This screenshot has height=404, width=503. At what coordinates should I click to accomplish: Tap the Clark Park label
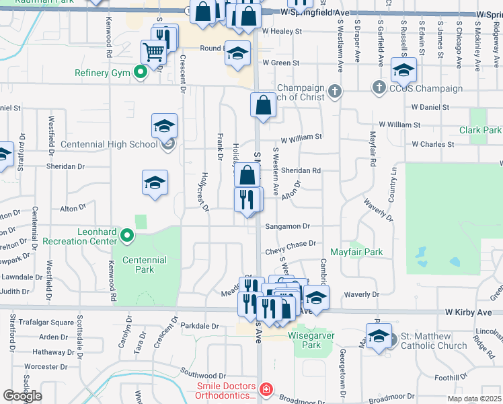[480, 130]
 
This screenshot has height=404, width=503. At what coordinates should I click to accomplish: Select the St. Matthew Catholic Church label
[434, 341]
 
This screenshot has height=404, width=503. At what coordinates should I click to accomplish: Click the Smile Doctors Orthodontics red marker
[266, 390]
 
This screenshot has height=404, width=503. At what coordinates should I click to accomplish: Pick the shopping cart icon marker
[154, 51]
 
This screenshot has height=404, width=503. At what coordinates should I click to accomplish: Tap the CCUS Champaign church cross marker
[379, 88]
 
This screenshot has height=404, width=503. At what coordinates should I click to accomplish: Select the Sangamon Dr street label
[287, 227]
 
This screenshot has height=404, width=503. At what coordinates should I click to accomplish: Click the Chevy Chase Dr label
[291, 248]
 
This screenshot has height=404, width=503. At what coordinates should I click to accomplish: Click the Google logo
[23, 395]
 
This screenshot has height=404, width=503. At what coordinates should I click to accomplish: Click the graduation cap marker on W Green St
[237, 54]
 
